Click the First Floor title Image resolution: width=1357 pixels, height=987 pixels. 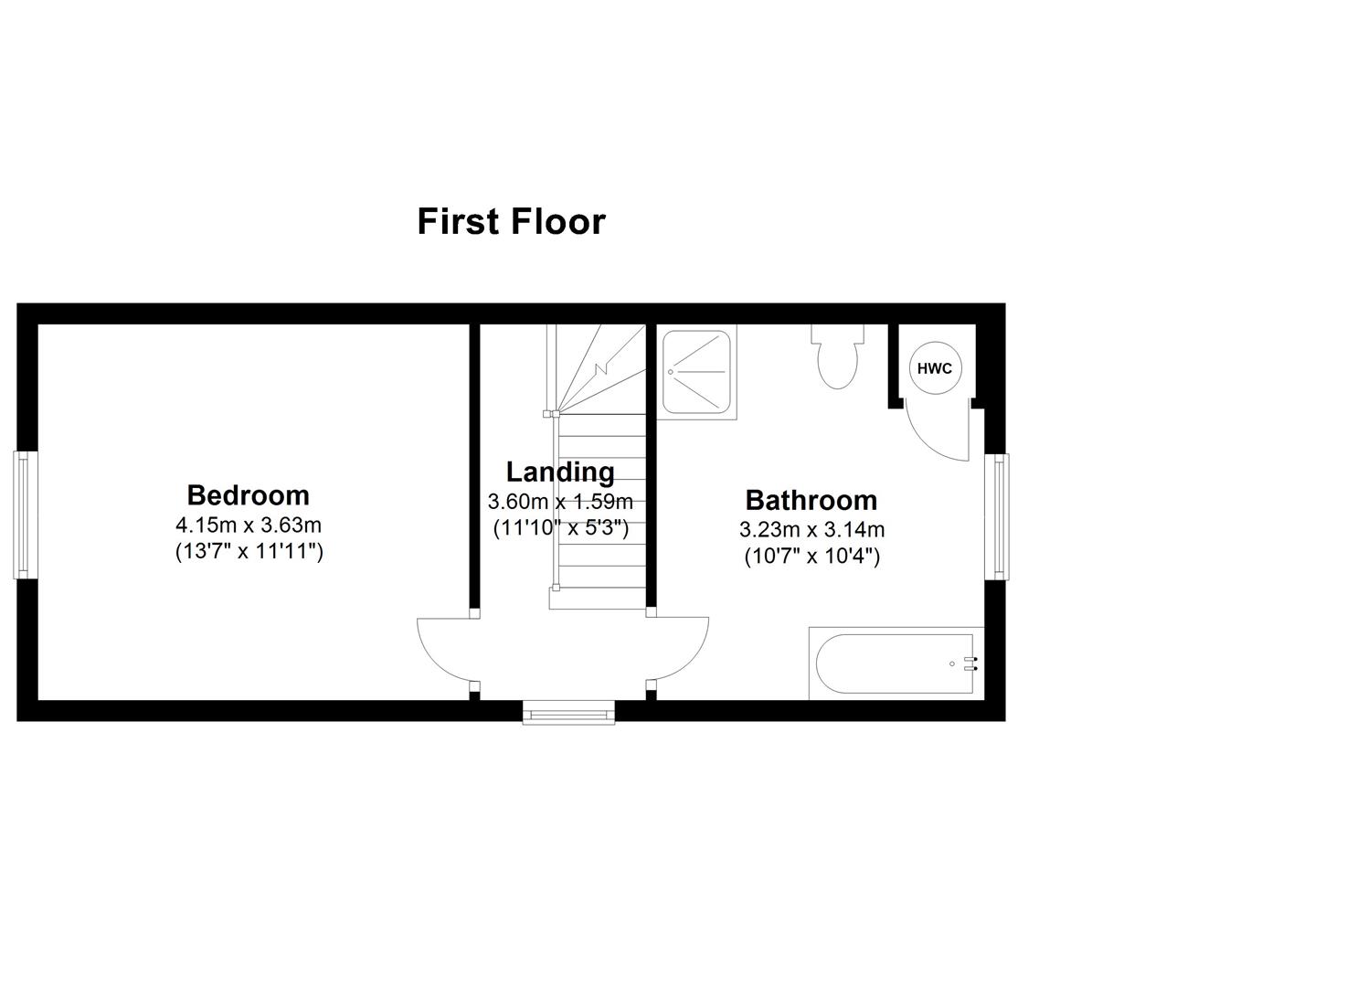511,222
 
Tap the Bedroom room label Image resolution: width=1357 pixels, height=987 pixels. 248,495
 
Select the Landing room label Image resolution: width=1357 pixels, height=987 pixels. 560,472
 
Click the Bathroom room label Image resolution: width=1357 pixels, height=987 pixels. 811,500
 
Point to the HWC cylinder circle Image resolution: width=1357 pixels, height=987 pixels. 934,369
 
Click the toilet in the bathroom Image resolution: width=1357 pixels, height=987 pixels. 837,359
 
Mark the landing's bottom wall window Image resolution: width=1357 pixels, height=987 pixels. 568,711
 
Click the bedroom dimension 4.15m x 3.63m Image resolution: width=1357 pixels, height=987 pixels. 249,525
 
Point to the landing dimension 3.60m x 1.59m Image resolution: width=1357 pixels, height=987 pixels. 560,502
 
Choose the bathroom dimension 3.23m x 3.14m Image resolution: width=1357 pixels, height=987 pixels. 811,529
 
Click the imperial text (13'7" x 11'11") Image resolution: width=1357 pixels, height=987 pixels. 249,552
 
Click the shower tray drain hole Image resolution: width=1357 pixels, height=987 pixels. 671,372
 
